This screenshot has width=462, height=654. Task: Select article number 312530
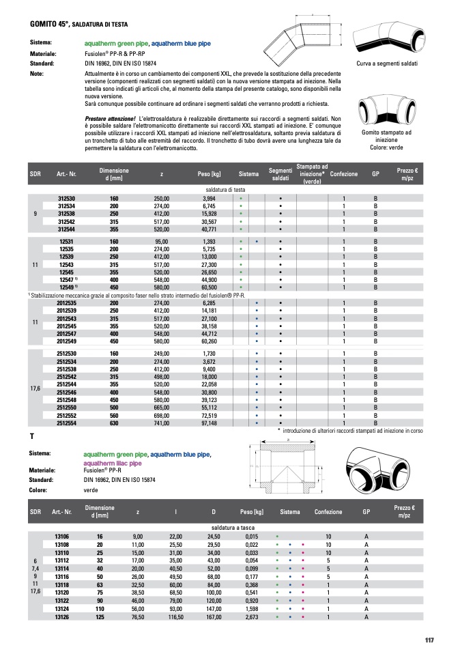(66, 197)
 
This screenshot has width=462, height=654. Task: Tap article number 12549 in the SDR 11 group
(66, 288)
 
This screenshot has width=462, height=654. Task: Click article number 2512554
(66, 423)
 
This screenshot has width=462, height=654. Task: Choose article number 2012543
(66, 318)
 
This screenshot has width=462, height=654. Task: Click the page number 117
(429, 640)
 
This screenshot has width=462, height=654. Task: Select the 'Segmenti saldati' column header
(280, 173)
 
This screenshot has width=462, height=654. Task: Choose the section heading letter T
(32, 436)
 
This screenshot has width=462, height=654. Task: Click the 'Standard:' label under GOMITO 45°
(42, 62)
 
